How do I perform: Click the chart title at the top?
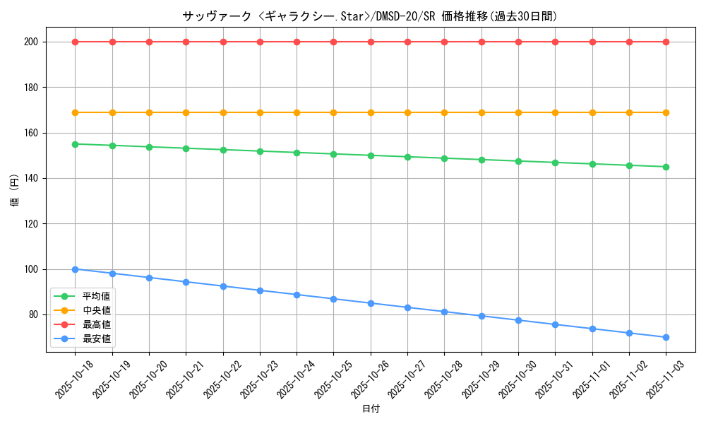pyautogui.click(x=370, y=16)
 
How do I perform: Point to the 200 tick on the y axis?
pyautogui.click(x=30, y=42)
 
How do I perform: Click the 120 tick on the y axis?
pyautogui.click(x=30, y=223)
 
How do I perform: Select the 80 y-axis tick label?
pyautogui.click(x=33, y=314)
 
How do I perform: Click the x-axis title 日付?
pyautogui.click(x=371, y=409)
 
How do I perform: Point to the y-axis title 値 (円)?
pyautogui.click(x=15, y=191)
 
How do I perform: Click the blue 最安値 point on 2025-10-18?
pyautogui.click(x=75, y=269)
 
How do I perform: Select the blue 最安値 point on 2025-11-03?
pyautogui.click(x=666, y=337)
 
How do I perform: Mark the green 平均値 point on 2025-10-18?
pyautogui.click(x=75, y=144)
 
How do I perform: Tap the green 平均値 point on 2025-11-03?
pyautogui.click(x=666, y=167)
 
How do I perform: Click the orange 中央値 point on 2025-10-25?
pyautogui.click(x=333, y=112)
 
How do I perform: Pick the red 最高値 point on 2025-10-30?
pyautogui.click(x=518, y=42)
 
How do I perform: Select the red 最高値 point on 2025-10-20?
pyautogui.click(x=149, y=42)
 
